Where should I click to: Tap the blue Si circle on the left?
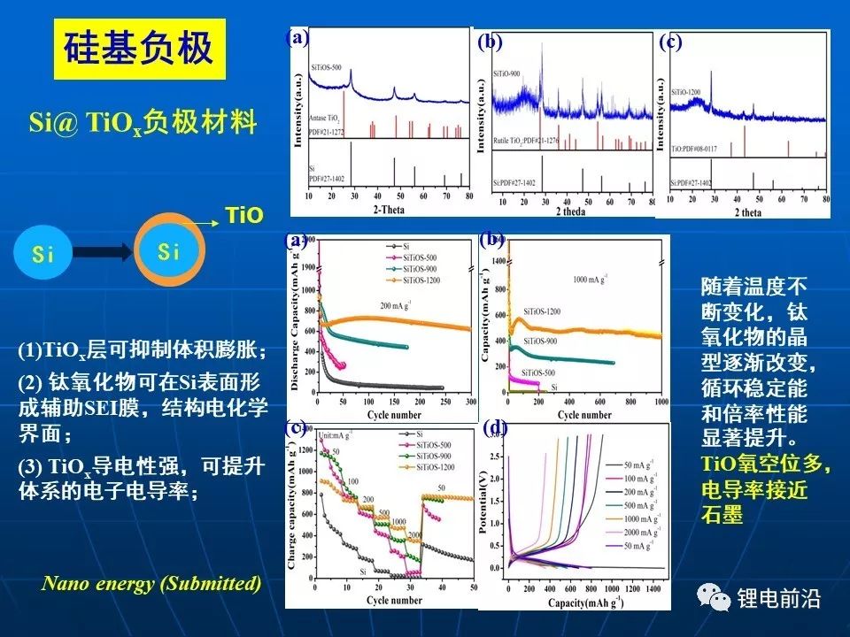(x=43, y=255)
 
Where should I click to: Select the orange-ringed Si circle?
(x=169, y=251)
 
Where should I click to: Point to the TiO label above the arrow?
(x=244, y=215)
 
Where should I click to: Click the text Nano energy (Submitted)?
(x=151, y=583)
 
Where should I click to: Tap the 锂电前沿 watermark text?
(x=779, y=599)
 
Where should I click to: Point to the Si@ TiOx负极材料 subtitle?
(x=143, y=122)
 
